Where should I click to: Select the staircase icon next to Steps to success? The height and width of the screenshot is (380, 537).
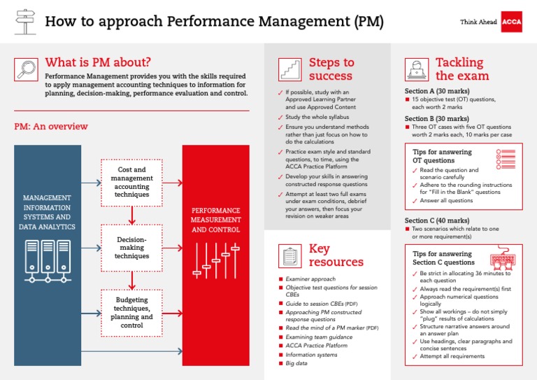click(290, 69)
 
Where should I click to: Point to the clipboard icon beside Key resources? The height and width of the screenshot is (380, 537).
click(289, 255)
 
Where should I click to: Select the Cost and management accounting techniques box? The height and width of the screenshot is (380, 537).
click(131, 182)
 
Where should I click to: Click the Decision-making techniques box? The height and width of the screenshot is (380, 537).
click(131, 247)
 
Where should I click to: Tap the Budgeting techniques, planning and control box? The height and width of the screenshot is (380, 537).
click(131, 311)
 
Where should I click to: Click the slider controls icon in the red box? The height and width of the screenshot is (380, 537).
click(215, 260)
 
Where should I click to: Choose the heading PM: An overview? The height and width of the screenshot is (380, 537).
click(51, 127)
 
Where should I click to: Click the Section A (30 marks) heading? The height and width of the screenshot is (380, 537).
click(437, 91)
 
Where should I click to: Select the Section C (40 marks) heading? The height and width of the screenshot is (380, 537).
click(437, 220)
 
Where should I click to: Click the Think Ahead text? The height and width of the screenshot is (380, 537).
click(478, 22)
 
